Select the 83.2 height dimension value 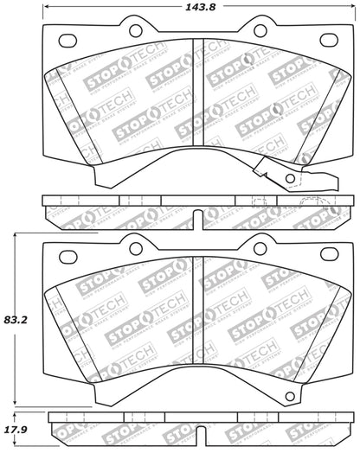pos(15,319)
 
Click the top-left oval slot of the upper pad pos(65,39)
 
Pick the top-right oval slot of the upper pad pos(328,39)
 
